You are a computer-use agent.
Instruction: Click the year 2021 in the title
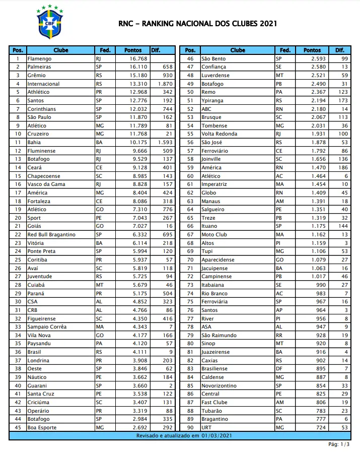tap(268, 24)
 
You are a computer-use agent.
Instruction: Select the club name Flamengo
tap(39, 59)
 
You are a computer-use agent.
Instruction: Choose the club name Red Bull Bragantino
tap(51, 235)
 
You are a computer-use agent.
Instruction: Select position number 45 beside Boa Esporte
tap(18, 427)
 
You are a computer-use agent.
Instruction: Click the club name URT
tap(206, 427)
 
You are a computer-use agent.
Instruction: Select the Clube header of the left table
tap(60, 50)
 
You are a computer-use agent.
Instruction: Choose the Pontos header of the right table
tap(312, 50)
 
